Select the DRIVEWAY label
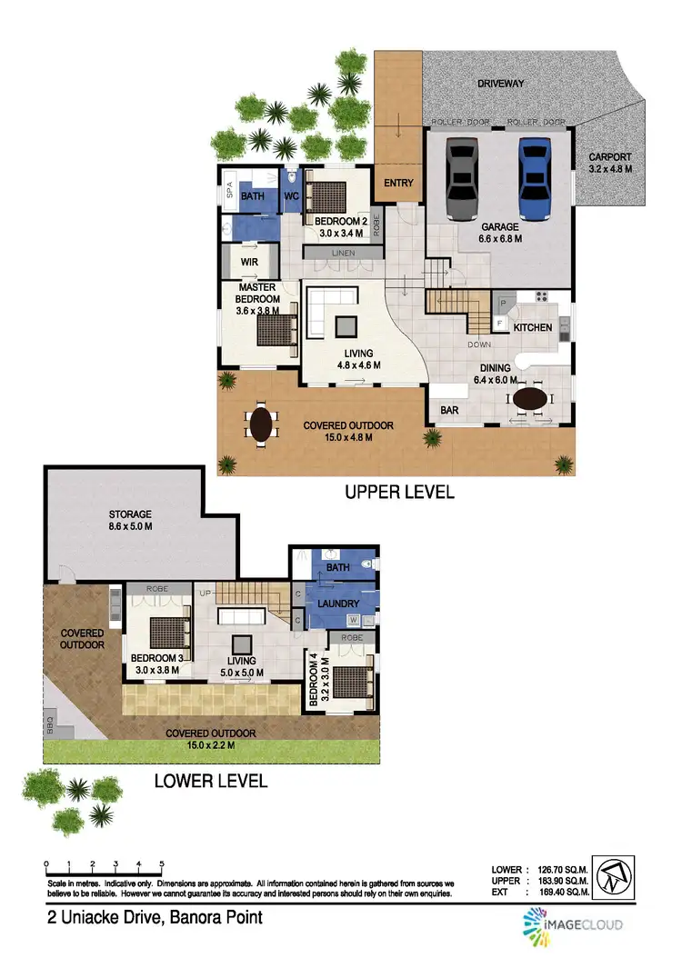[502, 84]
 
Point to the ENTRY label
[398, 184]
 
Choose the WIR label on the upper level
[251, 262]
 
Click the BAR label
[448, 410]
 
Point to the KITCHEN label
[532, 327]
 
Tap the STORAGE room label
[129, 514]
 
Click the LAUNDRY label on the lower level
[337, 604]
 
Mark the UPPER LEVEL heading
[398, 493]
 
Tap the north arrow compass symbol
[614, 874]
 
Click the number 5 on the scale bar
[162, 864]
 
